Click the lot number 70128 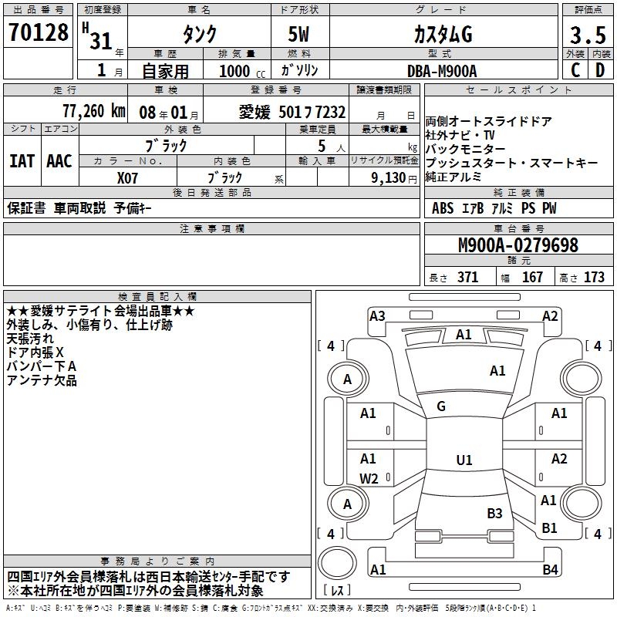(39, 33)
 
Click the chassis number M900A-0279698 (518, 246)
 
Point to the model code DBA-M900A (442, 71)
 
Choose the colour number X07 (127, 177)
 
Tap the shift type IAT (22, 161)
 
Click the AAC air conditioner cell (59, 161)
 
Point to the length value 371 (467, 278)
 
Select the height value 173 (594, 278)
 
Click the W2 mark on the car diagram (369, 479)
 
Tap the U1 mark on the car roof (464, 460)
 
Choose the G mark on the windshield (441, 406)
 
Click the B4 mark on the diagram (549, 570)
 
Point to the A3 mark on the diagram (377, 315)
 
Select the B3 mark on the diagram (494, 513)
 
